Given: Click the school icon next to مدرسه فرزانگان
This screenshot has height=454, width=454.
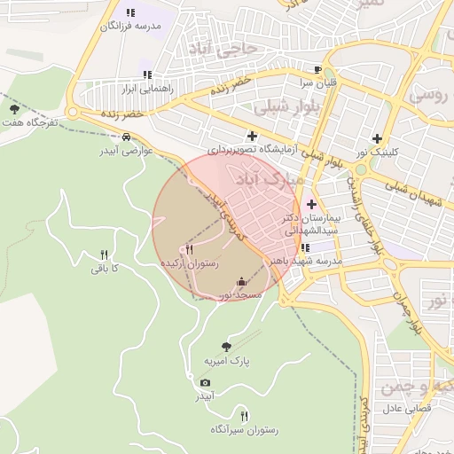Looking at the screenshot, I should point(130,13).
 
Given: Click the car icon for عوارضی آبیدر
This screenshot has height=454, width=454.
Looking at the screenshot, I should point(127,137).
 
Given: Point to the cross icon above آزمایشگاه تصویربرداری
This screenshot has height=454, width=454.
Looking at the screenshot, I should point(253,136).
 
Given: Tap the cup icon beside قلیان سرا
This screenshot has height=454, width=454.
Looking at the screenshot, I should point(317,69).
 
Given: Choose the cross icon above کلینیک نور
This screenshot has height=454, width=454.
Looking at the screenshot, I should point(378,138).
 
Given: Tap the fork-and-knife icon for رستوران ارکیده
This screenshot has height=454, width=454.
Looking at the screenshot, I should point(189,251).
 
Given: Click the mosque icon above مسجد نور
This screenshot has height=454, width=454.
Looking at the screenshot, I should point(241,282).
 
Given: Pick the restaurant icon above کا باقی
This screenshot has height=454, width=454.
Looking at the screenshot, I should point(105,254).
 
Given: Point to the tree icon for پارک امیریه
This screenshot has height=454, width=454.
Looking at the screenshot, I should point(226,347).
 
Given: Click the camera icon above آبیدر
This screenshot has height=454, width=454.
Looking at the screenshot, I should point(205,382).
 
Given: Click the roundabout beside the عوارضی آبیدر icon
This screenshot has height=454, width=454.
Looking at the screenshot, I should point(73,113).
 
